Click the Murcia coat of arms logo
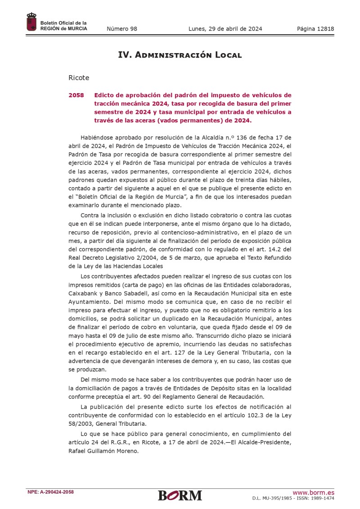pos(31,22)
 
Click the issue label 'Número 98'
pos(122,29)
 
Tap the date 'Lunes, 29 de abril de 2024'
pos(225,29)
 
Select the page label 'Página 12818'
pos(315,29)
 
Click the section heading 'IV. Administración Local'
pos(180,55)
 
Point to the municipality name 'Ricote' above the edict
pos(79,78)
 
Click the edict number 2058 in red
pos(76,95)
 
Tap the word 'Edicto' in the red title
pos(105,95)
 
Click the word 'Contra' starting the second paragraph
pos(90,216)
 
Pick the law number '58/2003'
pos(82,423)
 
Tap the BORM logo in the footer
pos(180,495)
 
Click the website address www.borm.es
pos(313,492)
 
